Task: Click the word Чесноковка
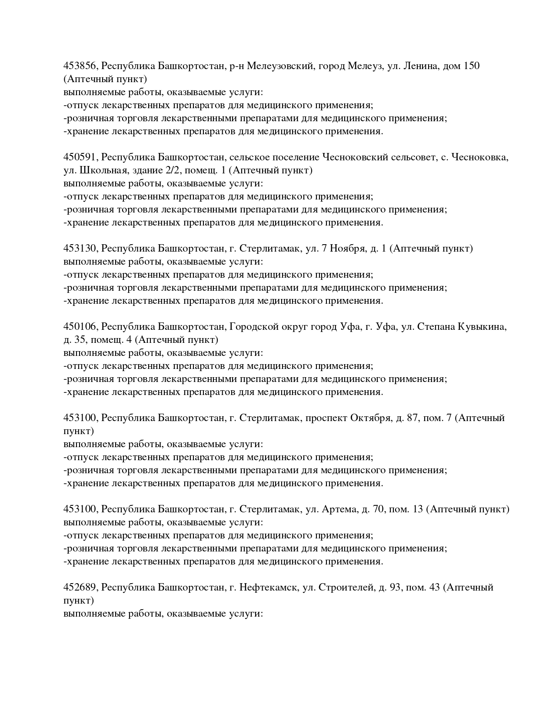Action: [480, 157]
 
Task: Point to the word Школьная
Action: [97, 170]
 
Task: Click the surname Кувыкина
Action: [482, 327]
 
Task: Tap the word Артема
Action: [339, 509]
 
